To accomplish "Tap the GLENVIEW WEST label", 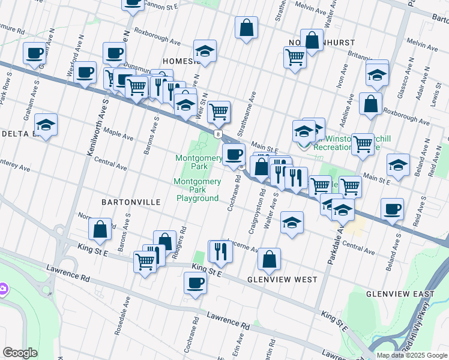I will point(282,280).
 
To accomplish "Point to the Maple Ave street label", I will point(118,133).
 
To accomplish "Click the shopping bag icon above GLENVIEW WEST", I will point(270,259).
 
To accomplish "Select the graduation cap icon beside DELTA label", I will point(46,125).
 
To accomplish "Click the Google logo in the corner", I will point(20,353).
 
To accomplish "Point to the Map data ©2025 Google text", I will point(412,355).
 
